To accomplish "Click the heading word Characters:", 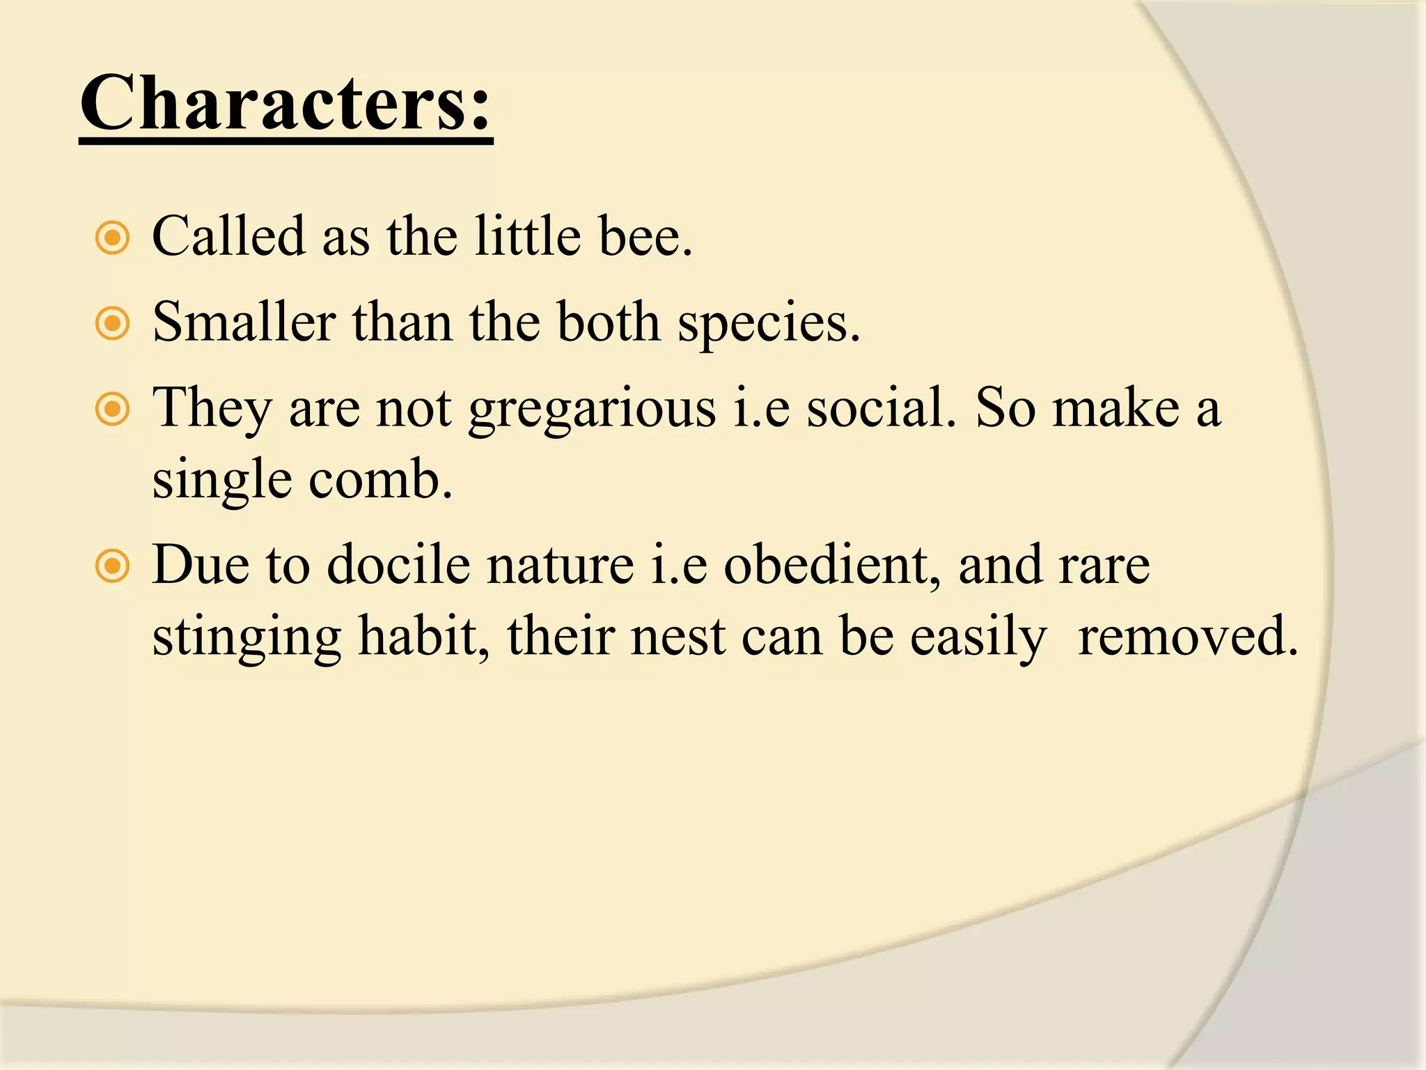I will coord(285,104).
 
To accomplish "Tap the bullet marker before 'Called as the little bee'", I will coord(112,238).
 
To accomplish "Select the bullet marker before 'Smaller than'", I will coord(112,324).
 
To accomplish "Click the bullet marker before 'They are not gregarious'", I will coord(112,410).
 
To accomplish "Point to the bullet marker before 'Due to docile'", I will coord(112,566).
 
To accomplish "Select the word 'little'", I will coord(528,237).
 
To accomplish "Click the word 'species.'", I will coord(769,324).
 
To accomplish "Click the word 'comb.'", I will coord(381,481).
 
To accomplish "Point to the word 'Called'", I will coord(228,237).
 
